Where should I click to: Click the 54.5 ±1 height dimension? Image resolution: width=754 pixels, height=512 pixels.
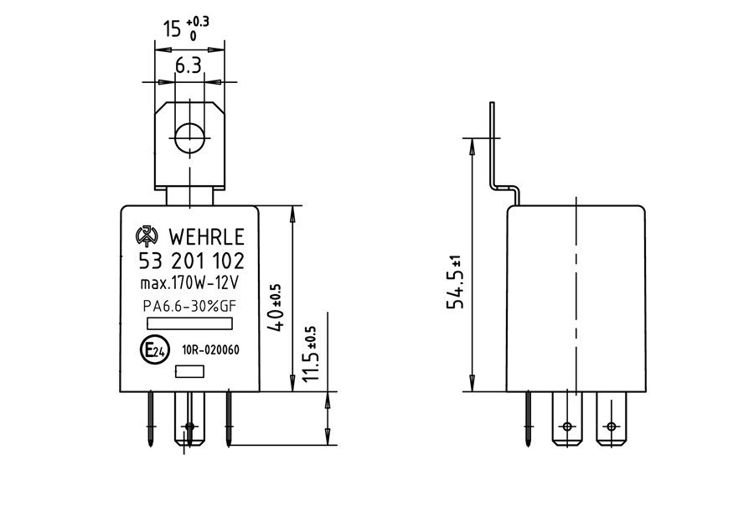[454, 282]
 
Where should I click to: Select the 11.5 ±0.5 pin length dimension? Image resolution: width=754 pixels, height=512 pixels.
[310, 354]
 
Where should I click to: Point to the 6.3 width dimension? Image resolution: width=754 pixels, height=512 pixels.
[188, 65]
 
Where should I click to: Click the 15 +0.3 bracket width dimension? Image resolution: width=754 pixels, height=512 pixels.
[186, 28]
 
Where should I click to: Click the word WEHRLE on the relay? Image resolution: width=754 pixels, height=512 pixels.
[206, 237]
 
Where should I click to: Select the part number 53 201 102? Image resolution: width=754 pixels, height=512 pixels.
[191, 261]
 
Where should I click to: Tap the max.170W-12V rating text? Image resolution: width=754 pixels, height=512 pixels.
[189, 283]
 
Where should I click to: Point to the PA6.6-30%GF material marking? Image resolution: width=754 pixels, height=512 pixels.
[189, 307]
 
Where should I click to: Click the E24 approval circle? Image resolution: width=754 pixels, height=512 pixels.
[155, 349]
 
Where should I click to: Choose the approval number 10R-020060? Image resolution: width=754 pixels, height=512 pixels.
[210, 349]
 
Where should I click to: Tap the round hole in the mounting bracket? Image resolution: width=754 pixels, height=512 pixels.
[189, 138]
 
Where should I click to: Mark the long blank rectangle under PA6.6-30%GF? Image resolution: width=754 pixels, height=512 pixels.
[189, 323]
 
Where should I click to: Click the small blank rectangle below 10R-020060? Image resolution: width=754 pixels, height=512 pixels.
[189, 371]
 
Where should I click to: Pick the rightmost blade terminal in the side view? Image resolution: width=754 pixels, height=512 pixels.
[612, 418]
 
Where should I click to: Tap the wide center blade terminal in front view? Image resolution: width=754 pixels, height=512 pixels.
[189, 418]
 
